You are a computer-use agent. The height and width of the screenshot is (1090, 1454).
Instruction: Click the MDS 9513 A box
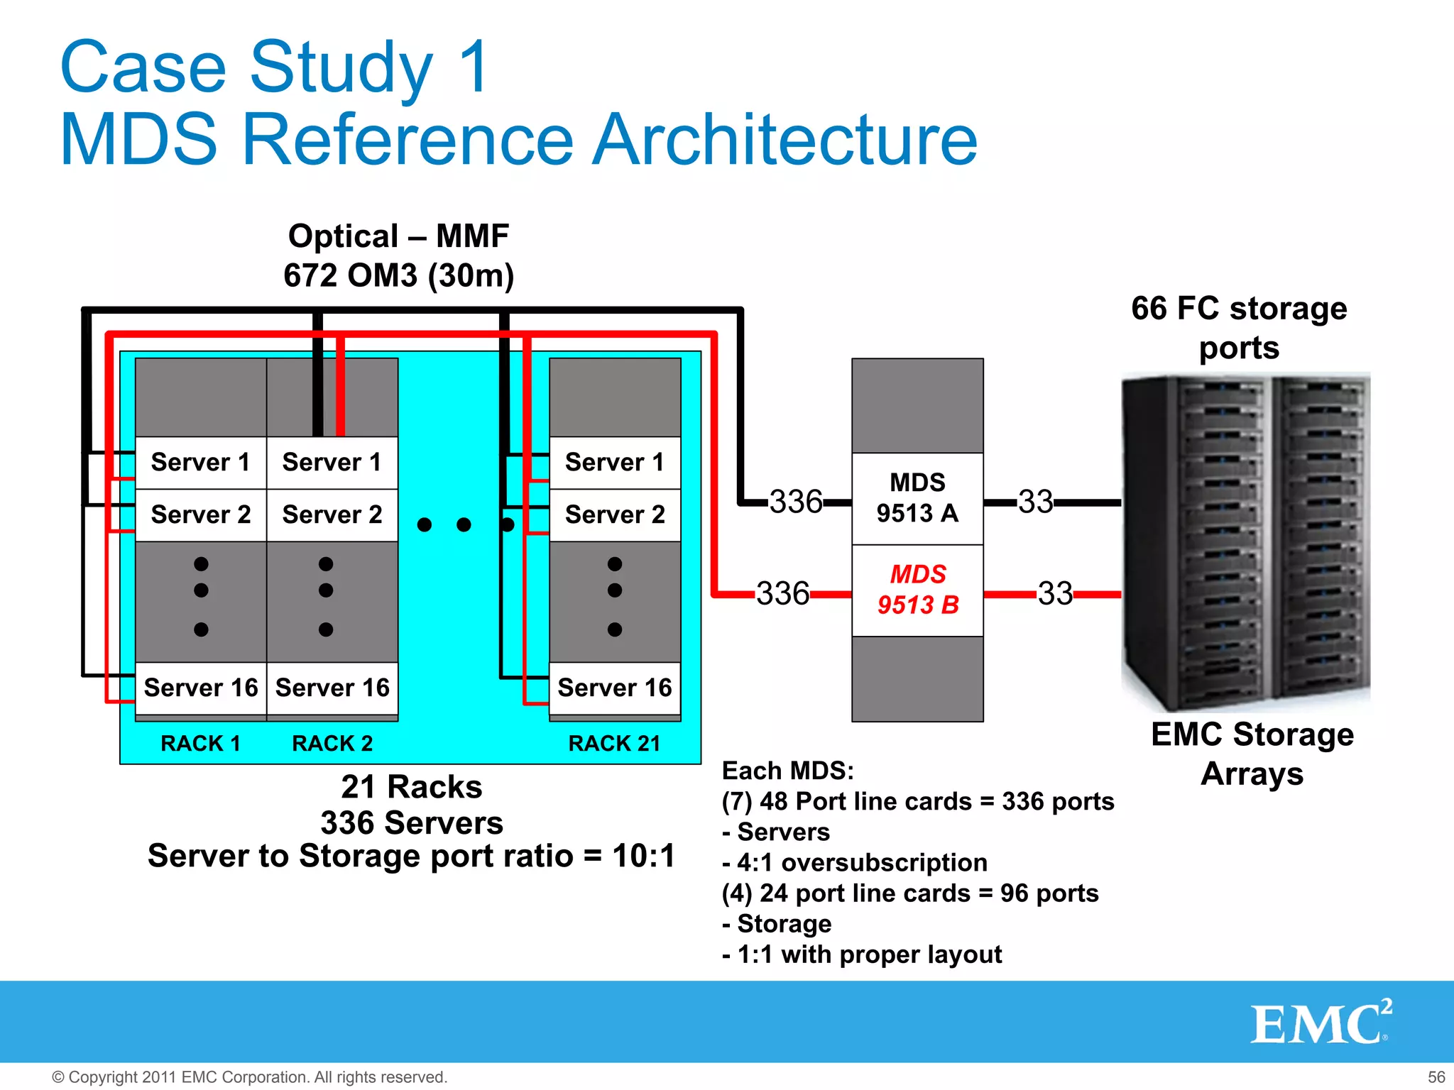917,498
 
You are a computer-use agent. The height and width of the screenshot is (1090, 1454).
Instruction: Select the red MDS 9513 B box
917,590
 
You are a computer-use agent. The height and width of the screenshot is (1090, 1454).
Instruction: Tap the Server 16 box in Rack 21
615,688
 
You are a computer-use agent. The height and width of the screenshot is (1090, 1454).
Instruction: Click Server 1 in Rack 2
332,462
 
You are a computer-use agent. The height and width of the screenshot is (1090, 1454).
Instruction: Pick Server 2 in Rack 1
201,514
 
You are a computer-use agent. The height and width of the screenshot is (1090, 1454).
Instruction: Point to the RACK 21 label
614,743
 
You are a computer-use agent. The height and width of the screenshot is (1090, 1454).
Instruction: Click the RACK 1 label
201,743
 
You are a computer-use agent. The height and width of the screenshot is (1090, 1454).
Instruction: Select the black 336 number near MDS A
796,502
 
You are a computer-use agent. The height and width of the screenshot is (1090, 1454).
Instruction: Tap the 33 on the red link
1055,593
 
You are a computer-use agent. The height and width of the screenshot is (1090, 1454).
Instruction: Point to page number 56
1436,1077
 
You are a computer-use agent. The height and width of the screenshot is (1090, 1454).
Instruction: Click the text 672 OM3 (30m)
398,275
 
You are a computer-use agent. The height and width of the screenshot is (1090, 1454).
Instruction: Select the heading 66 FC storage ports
1239,328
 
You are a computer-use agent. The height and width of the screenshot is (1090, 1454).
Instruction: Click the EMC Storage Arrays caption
1252,754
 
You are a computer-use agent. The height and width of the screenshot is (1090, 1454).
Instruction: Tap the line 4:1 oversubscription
855,862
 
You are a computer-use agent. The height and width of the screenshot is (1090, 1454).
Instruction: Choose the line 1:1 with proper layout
862,954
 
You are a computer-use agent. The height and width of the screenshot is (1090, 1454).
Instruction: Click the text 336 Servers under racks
412,822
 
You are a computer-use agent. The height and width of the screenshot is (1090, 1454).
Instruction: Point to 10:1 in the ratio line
643,856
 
